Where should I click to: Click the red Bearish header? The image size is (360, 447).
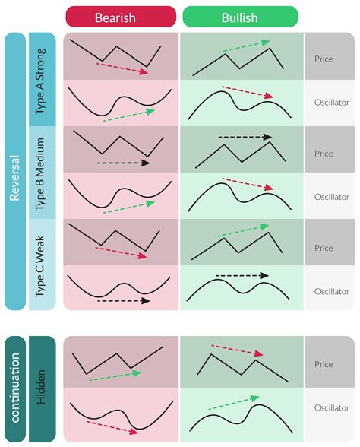coord(122,17)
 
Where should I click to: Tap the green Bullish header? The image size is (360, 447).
coord(240,17)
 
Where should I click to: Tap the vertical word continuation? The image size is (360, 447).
coord(15,387)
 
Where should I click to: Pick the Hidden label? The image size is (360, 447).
coord(43,387)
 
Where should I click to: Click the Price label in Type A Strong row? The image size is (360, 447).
coord(324,58)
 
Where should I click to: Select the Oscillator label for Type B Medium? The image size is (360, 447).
coord(331,197)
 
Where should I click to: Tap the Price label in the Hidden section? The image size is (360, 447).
coord(324,364)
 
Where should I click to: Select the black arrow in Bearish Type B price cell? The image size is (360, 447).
coord(124,163)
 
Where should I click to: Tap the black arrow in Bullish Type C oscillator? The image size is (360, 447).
coord(242,275)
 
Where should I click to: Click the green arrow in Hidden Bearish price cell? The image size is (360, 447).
coord(115,376)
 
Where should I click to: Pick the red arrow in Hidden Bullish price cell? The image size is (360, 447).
coord(236,350)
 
